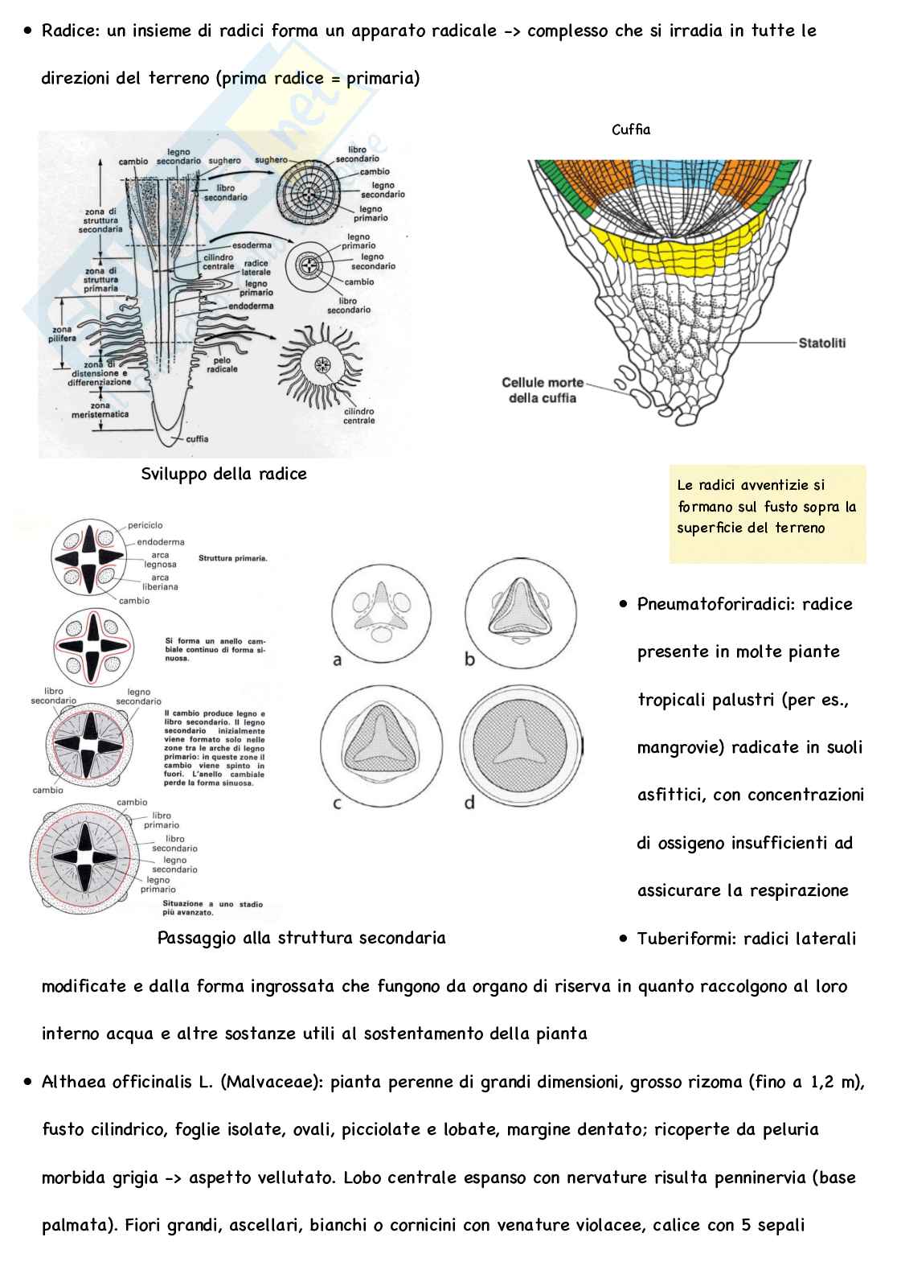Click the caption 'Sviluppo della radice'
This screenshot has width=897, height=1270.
tap(223, 475)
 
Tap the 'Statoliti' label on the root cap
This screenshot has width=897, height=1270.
tap(821, 343)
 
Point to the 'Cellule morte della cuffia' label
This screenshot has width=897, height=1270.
tap(543, 390)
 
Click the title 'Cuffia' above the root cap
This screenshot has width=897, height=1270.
tap(631, 129)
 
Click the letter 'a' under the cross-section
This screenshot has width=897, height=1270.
tap(338, 660)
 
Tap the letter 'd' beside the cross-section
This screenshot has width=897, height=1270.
tap(469, 802)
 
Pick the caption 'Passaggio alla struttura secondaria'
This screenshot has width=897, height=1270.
tap(301, 938)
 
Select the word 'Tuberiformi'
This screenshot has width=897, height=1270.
tap(683, 939)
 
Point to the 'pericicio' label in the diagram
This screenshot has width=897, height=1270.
tap(145, 526)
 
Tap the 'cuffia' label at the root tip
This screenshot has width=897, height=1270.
tap(197, 439)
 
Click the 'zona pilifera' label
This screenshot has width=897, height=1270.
tap(62, 335)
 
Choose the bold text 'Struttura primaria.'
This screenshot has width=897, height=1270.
tap(232, 557)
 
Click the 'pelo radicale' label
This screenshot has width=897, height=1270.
tap(222, 365)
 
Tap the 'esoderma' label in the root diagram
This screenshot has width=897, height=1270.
tap(252, 245)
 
